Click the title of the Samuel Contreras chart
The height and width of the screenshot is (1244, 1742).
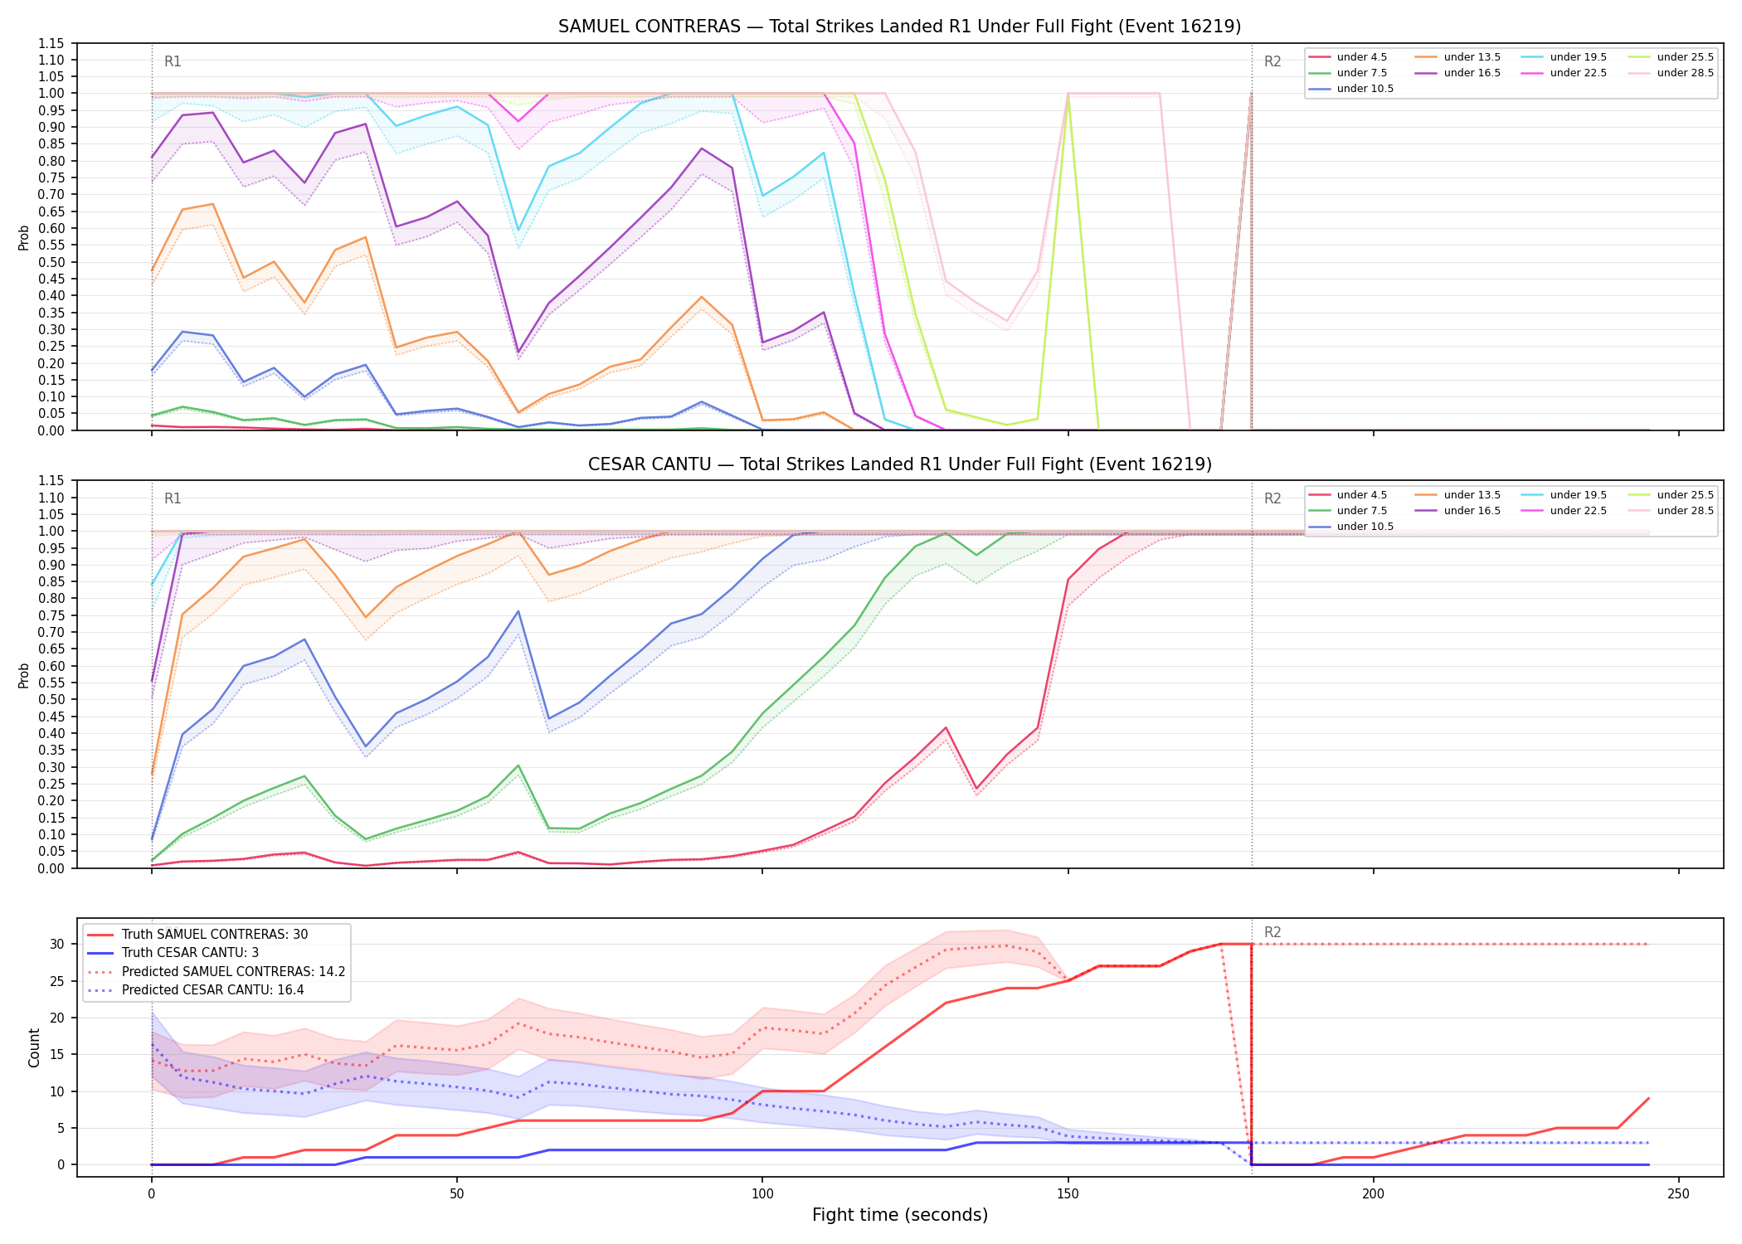pos(899,27)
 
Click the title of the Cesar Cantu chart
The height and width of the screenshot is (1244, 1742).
pos(899,464)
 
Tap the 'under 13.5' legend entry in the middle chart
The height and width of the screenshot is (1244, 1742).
pos(1457,495)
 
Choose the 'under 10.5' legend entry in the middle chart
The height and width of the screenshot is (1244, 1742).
pos(1351,527)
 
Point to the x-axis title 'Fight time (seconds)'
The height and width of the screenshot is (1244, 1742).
pos(900,1215)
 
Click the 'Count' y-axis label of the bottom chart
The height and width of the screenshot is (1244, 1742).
pos(34,1047)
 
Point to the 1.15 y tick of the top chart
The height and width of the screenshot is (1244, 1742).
pos(51,43)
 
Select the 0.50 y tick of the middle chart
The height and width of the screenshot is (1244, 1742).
pos(51,700)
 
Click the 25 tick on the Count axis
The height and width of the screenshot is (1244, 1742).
pos(57,981)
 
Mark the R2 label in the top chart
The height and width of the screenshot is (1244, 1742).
pos(1272,61)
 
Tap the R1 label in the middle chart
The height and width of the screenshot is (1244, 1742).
pos(173,498)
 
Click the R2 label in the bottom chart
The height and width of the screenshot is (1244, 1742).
pos(1272,932)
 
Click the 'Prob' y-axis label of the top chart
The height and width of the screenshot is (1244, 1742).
pos(24,238)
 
